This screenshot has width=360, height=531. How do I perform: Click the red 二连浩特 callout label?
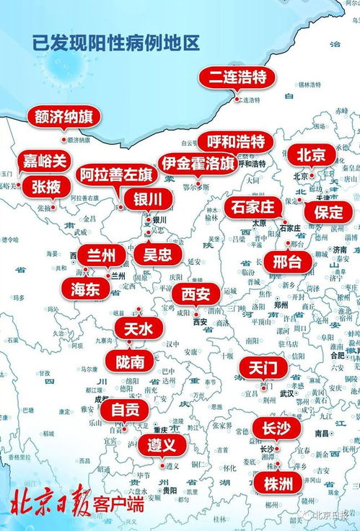(237, 77)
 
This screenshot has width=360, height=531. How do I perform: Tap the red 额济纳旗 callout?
(63, 117)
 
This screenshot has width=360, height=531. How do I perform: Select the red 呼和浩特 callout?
(235, 141)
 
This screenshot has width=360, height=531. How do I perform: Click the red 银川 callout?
(148, 198)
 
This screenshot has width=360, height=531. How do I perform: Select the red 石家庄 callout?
(253, 208)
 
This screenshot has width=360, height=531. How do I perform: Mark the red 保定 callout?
(328, 211)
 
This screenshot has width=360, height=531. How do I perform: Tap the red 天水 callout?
(139, 329)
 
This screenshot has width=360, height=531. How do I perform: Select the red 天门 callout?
(263, 368)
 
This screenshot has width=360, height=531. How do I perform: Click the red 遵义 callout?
(162, 444)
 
